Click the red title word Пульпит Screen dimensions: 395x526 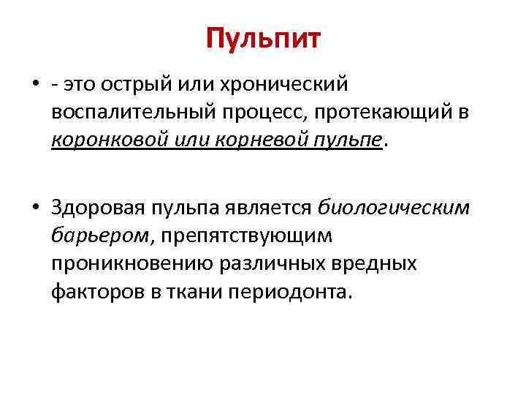[x=263, y=39]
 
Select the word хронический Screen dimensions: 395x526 [x=295, y=85]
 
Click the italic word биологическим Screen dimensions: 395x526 [x=394, y=208]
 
